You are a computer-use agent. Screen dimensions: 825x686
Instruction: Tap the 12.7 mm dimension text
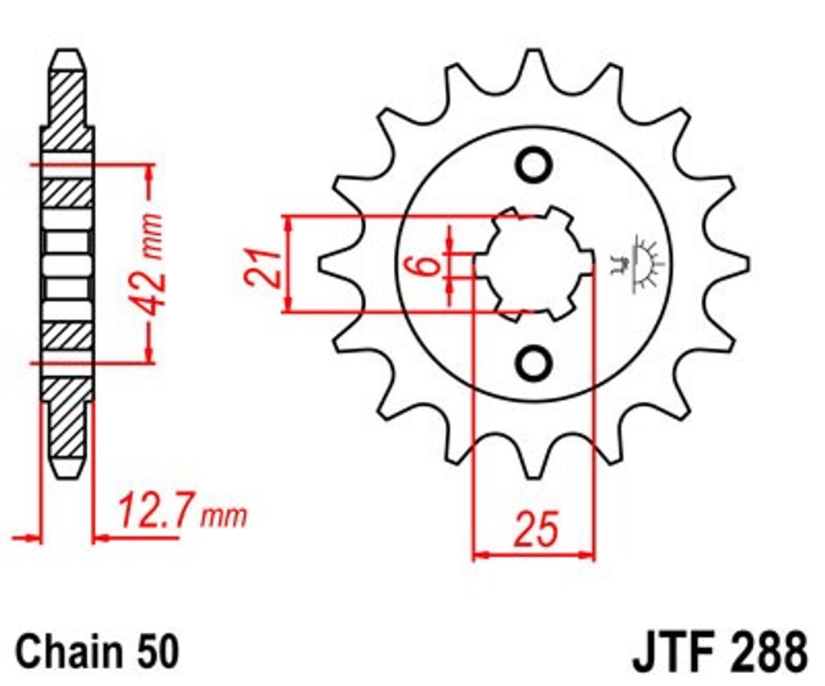[181, 511]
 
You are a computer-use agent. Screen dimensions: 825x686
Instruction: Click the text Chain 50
[97, 651]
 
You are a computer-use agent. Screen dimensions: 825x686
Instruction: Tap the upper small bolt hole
[534, 165]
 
